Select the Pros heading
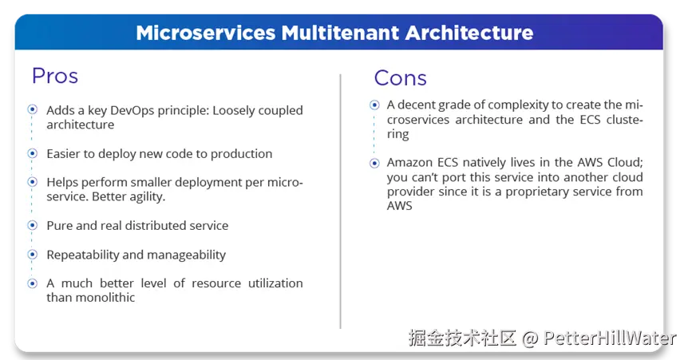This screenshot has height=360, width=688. [x=55, y=76]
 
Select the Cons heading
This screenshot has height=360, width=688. [x=400, y=77]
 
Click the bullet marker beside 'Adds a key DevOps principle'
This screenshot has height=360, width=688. [x=32, y=109]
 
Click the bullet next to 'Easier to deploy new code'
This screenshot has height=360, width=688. [x=32, y=153]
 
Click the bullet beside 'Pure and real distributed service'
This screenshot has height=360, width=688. [x=32, y=226]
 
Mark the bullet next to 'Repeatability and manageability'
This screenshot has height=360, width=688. [x=32, y=255]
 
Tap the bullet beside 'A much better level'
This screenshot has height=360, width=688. [x=32, y=283]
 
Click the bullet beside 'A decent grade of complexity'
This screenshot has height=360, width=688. [x=374, y=105]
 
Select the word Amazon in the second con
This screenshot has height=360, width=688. [x=410, y=163]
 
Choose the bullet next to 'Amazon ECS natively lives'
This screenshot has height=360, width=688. [x=374, y=163]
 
